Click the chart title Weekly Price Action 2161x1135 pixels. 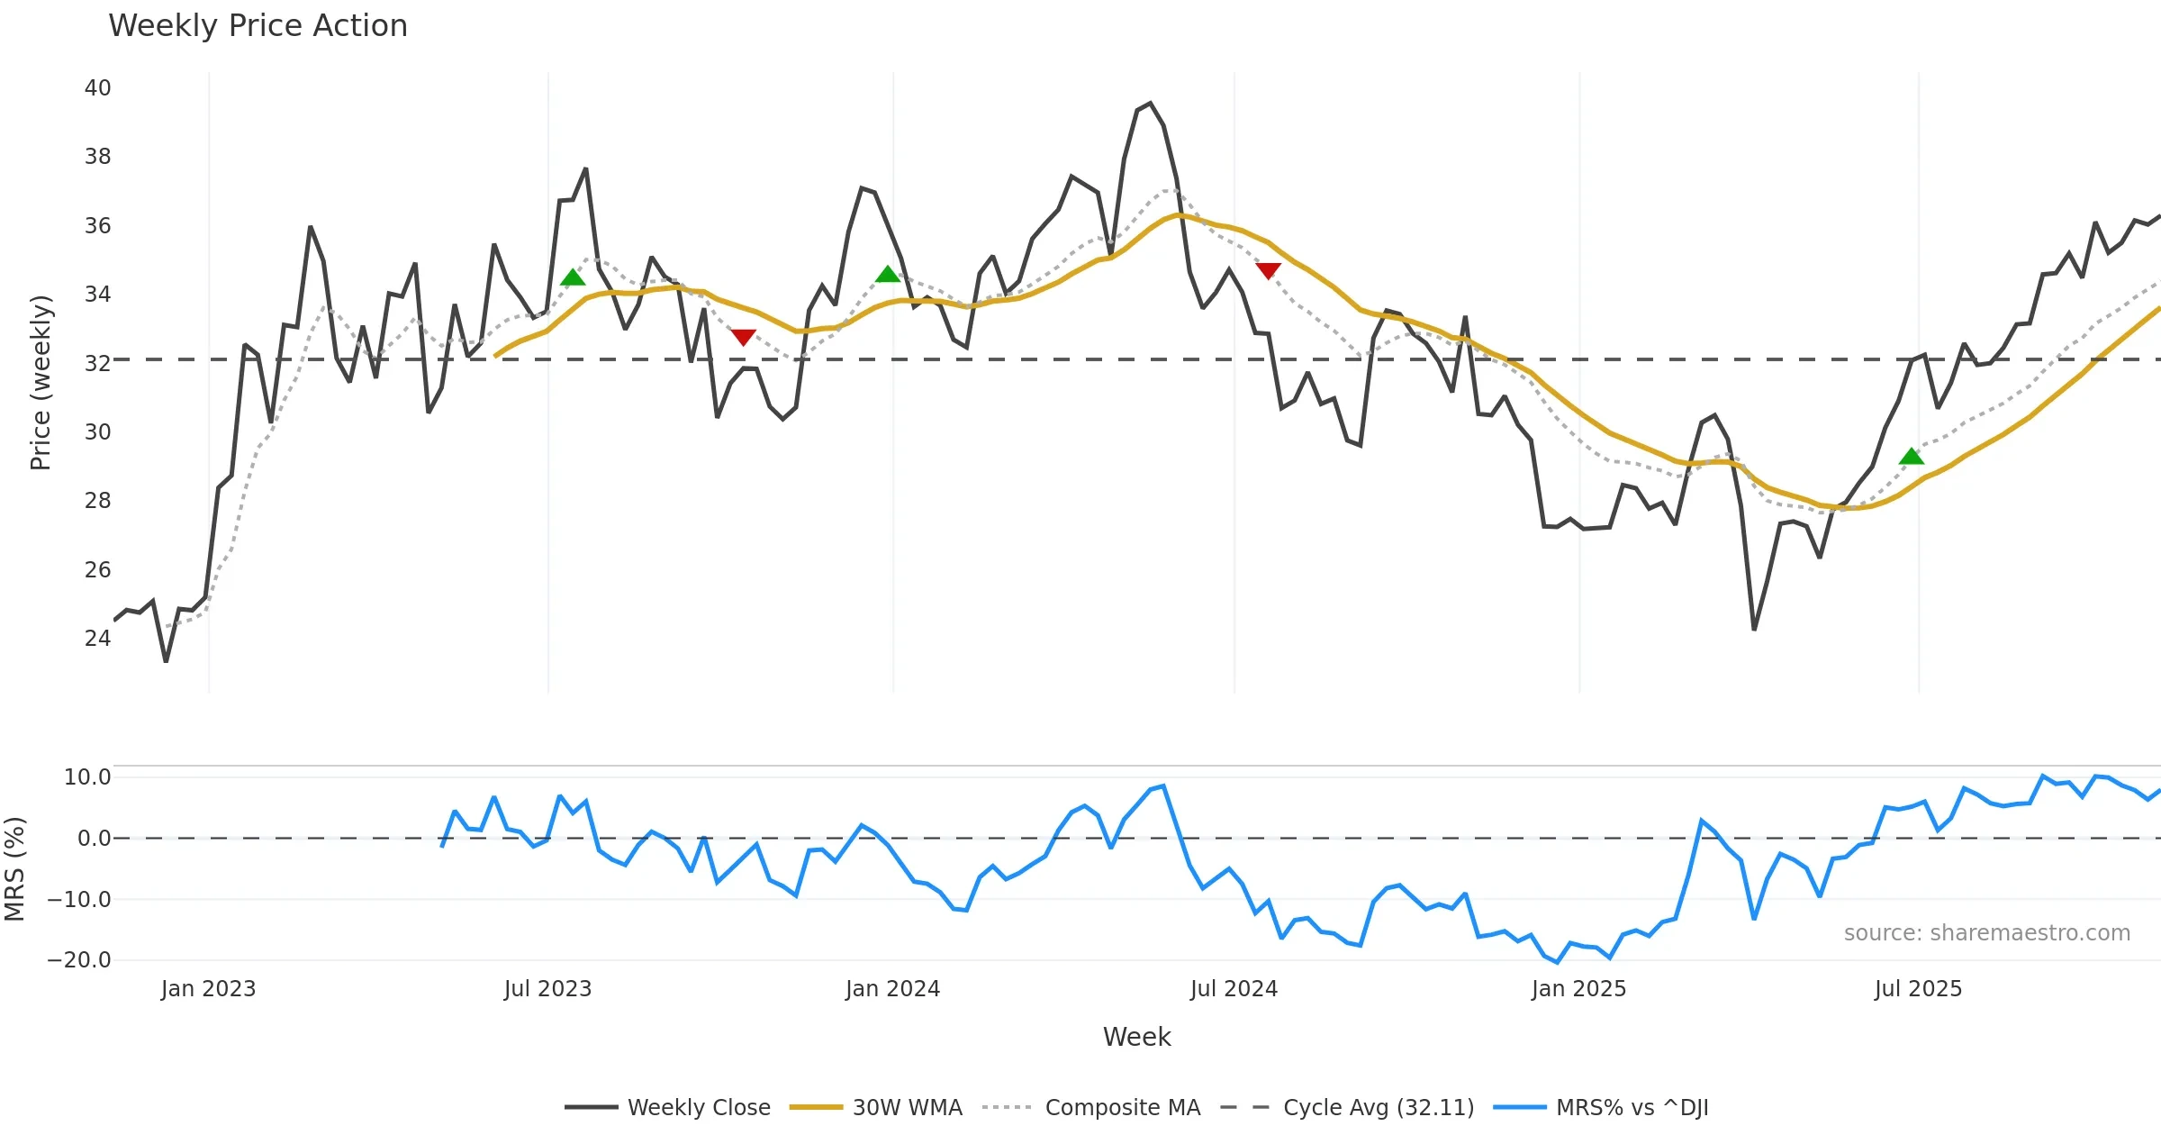258,26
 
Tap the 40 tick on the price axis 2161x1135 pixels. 97,88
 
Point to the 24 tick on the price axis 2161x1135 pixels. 97,639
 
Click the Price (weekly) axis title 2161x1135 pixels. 41,383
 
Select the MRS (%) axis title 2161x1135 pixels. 15,868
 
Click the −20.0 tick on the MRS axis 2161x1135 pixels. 79,960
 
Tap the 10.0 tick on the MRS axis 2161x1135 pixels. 87,777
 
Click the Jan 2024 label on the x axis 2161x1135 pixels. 892,989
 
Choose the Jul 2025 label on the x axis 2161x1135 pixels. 1918,989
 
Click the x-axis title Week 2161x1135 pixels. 1136,1038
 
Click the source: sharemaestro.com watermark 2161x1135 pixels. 1986,933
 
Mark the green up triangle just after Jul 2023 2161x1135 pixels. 573,277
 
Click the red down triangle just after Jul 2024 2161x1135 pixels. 1268,270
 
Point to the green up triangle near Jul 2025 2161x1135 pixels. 1911,457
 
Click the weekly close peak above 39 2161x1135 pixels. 1150,104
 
